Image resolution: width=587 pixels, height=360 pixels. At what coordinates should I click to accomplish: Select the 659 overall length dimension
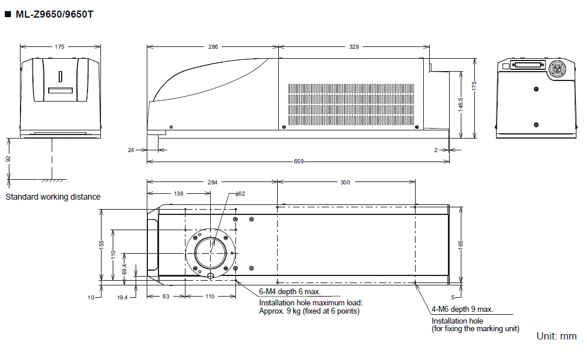click(298, 162)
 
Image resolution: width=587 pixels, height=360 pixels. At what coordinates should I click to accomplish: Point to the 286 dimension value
click(212, 46)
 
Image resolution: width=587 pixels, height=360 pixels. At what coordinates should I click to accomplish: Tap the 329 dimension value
click(354, 46)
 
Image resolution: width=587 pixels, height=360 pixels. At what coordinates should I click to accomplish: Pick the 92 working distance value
click(9, 159)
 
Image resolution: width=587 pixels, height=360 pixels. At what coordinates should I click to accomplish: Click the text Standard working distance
click(53, 197)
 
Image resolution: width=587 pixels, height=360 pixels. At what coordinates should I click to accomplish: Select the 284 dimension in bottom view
click(212, 183)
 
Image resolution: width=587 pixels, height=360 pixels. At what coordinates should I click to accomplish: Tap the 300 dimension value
click(345, 183)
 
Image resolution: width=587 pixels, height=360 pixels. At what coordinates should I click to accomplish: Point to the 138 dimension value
click(178, 193)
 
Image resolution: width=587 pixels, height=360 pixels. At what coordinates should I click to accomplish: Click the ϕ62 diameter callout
click(240, 193)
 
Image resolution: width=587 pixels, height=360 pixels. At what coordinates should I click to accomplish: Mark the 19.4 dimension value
click(122, 298)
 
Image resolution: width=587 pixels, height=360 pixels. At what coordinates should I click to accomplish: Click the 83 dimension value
click(166, 297)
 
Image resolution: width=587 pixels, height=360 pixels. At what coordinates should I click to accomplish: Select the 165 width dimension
click(461, 243)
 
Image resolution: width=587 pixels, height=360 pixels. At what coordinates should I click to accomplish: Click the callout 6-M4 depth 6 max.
click(290, 292)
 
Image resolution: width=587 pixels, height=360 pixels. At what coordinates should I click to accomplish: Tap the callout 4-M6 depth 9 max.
click(463, 309)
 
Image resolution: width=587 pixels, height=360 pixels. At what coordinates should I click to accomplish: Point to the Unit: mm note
click(556, 337)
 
